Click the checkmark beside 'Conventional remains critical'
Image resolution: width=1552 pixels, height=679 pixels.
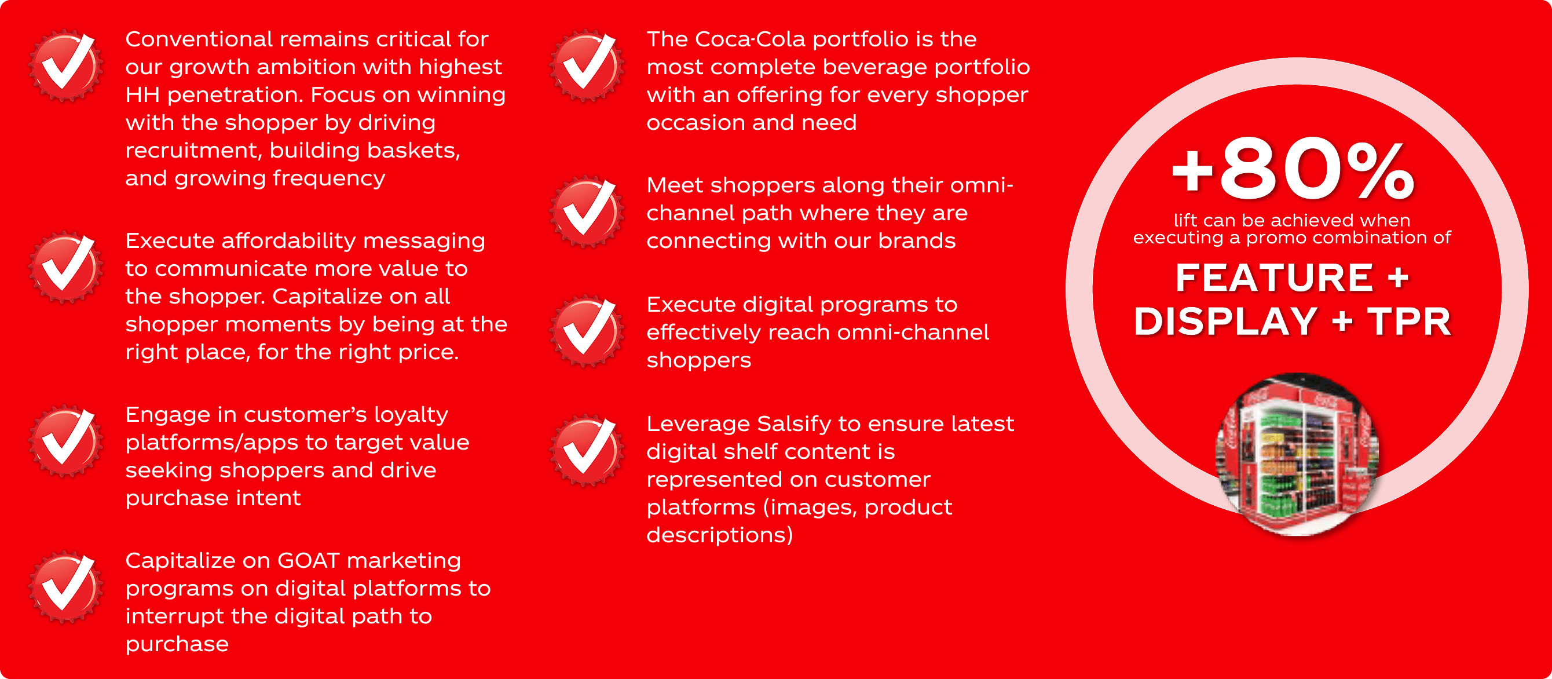click(x=65, y=65)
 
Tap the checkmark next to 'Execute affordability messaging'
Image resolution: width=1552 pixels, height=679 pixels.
click(x=65, y=268)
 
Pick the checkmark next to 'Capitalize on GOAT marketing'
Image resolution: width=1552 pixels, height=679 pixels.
click(x=65, y=587)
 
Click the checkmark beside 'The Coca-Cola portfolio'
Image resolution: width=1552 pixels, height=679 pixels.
click(x=586, y=65)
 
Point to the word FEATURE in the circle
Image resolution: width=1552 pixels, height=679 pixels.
click(x=1274, y=278)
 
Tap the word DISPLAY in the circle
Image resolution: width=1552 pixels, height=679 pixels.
click(x=1225, y=321)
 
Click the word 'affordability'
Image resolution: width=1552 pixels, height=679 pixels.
click(x=289, y=241)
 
